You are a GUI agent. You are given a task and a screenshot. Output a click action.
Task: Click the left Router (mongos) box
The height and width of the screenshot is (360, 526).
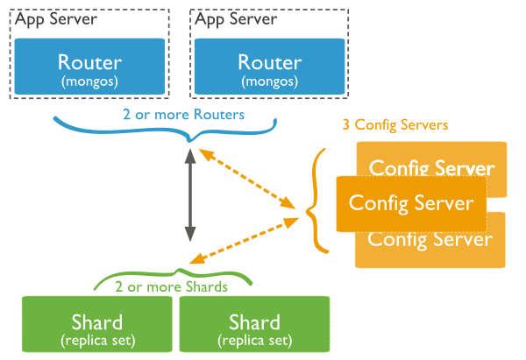pos(89,67)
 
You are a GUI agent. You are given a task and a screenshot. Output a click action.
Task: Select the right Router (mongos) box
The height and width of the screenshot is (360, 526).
pos(270,67)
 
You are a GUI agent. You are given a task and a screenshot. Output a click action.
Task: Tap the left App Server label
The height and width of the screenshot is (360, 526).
pos(56,19)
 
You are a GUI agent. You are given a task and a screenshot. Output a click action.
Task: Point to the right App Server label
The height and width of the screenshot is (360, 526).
pos(236,19)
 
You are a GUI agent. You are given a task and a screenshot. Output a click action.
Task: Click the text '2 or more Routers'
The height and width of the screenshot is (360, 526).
pos(183,115)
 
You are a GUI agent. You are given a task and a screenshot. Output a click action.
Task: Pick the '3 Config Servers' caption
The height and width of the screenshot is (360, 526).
pos(395,125)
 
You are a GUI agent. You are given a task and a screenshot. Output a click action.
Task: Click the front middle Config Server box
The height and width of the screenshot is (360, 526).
pos(411,204)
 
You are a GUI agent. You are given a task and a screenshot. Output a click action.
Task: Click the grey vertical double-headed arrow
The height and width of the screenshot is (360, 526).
pos(190,195)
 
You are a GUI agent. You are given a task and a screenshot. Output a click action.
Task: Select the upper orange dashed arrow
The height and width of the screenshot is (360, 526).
pos(247,179)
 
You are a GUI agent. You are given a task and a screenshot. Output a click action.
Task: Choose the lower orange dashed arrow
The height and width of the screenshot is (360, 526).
pos(244,241)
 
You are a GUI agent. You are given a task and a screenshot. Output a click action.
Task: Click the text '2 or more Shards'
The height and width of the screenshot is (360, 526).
pos(171,287)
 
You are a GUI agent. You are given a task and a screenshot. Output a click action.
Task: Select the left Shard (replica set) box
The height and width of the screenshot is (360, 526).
pos(97,324)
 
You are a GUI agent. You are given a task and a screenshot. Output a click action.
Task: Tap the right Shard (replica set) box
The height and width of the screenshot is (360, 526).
pos(254,324)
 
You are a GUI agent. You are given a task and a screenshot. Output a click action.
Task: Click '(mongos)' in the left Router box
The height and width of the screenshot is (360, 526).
pos(89,81)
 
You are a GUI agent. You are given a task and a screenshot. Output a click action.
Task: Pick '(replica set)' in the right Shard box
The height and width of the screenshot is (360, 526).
pos(255,341)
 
